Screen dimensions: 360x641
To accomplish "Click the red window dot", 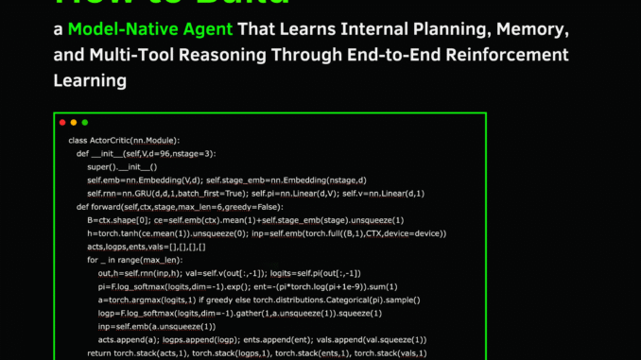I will click(62, 122).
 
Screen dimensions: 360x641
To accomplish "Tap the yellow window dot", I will click(74, 122).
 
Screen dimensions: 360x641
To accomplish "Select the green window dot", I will click(85, 122).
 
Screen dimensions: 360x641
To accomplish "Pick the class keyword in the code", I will click(78, 140).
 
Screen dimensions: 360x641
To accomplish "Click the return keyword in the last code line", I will click(98, 352).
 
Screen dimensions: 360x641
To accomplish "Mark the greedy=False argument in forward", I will click(255, 206).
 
